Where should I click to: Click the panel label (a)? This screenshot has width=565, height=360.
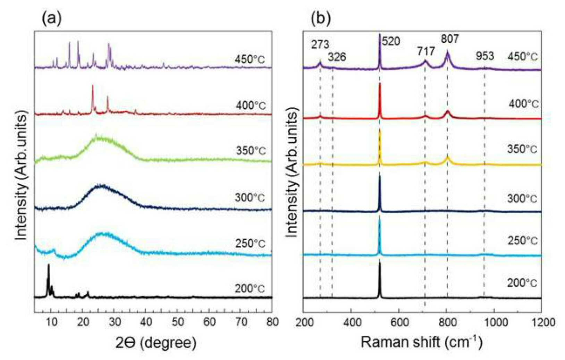[51, 19]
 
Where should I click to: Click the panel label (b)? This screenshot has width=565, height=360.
[320, 19]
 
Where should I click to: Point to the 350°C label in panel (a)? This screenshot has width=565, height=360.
[251, 151]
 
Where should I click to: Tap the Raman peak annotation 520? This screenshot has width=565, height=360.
[391, 41]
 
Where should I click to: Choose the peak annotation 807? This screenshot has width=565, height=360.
[450, 39]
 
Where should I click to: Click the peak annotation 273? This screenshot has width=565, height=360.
[320, 45]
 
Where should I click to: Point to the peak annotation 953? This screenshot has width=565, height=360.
[485, 56]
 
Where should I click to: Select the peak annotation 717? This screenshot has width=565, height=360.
[426, 52]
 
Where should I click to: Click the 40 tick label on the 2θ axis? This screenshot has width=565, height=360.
[145, 322]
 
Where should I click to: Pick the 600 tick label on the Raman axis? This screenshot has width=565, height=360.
[399, 323]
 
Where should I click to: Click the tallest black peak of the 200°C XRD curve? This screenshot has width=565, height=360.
[49, 265]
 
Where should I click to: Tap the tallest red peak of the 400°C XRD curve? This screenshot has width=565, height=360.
[93, 85]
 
